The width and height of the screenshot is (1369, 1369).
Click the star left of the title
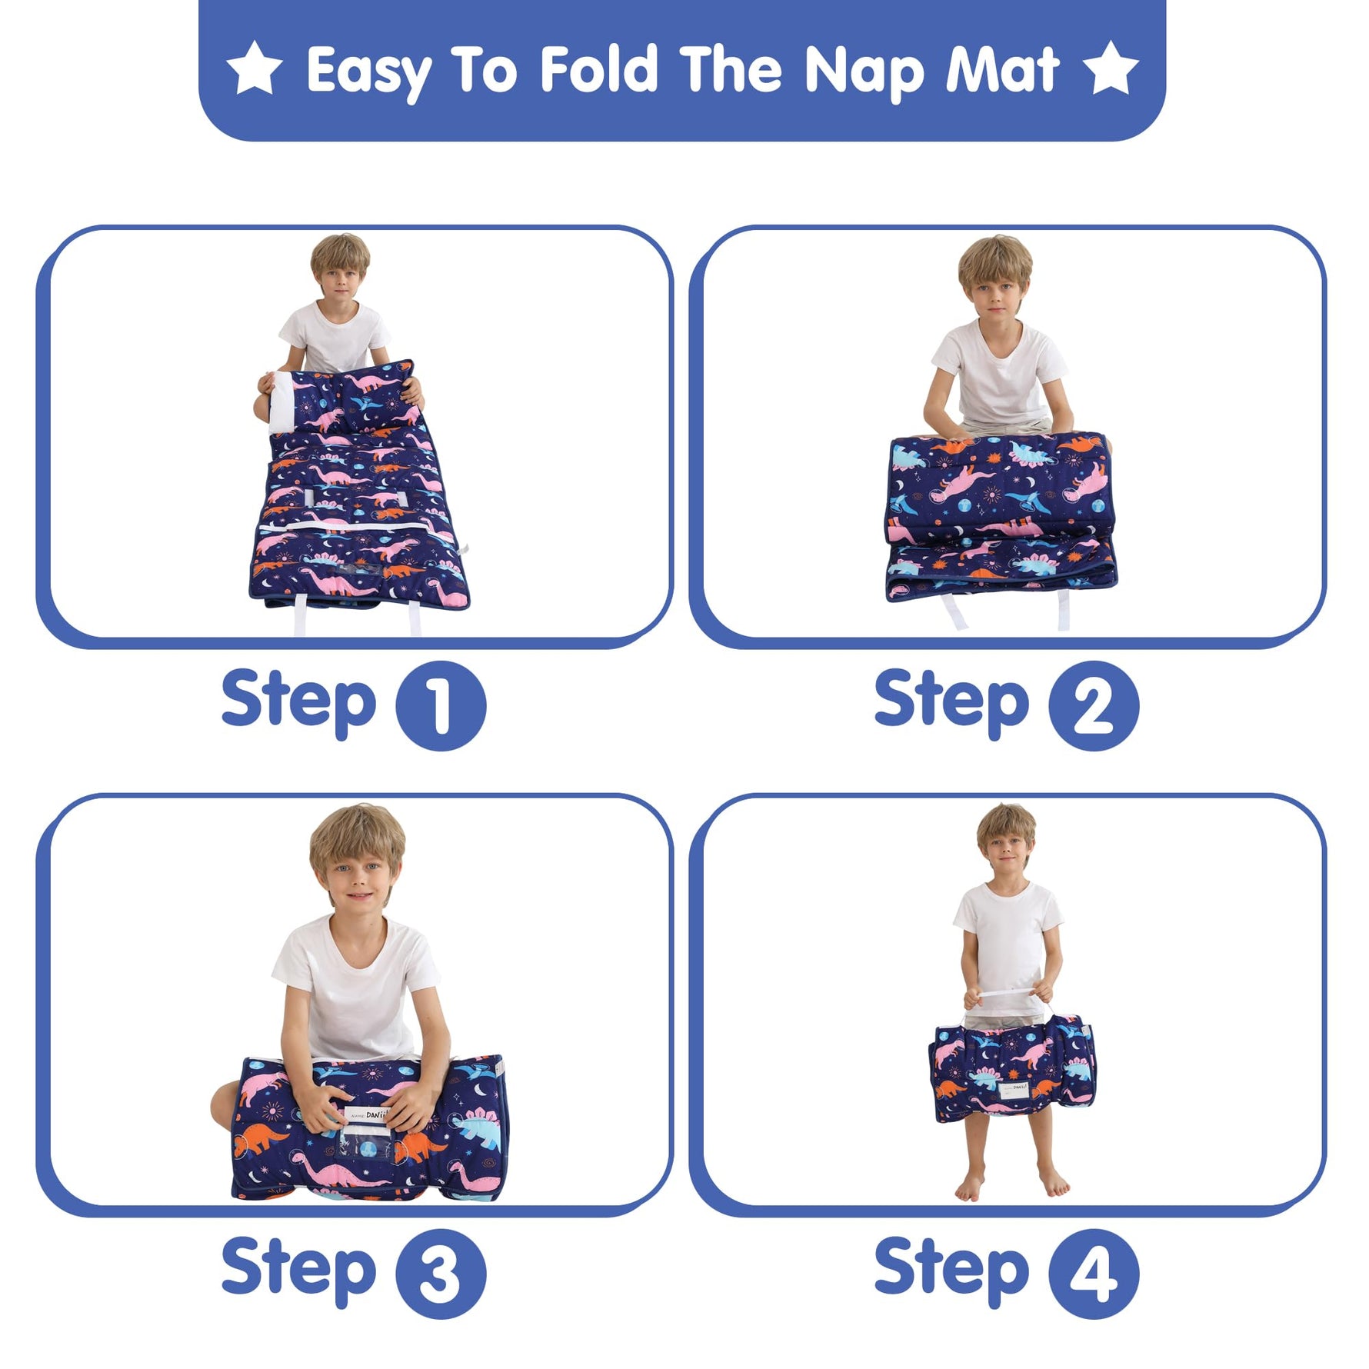[255, 68]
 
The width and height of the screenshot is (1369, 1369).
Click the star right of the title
[1111, 68]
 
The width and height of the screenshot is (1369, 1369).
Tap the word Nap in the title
[864, 73]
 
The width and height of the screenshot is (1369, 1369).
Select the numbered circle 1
[441, 705]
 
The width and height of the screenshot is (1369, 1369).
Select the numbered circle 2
[1094, 705]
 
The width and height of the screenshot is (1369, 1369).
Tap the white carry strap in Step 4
[1010, 997]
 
